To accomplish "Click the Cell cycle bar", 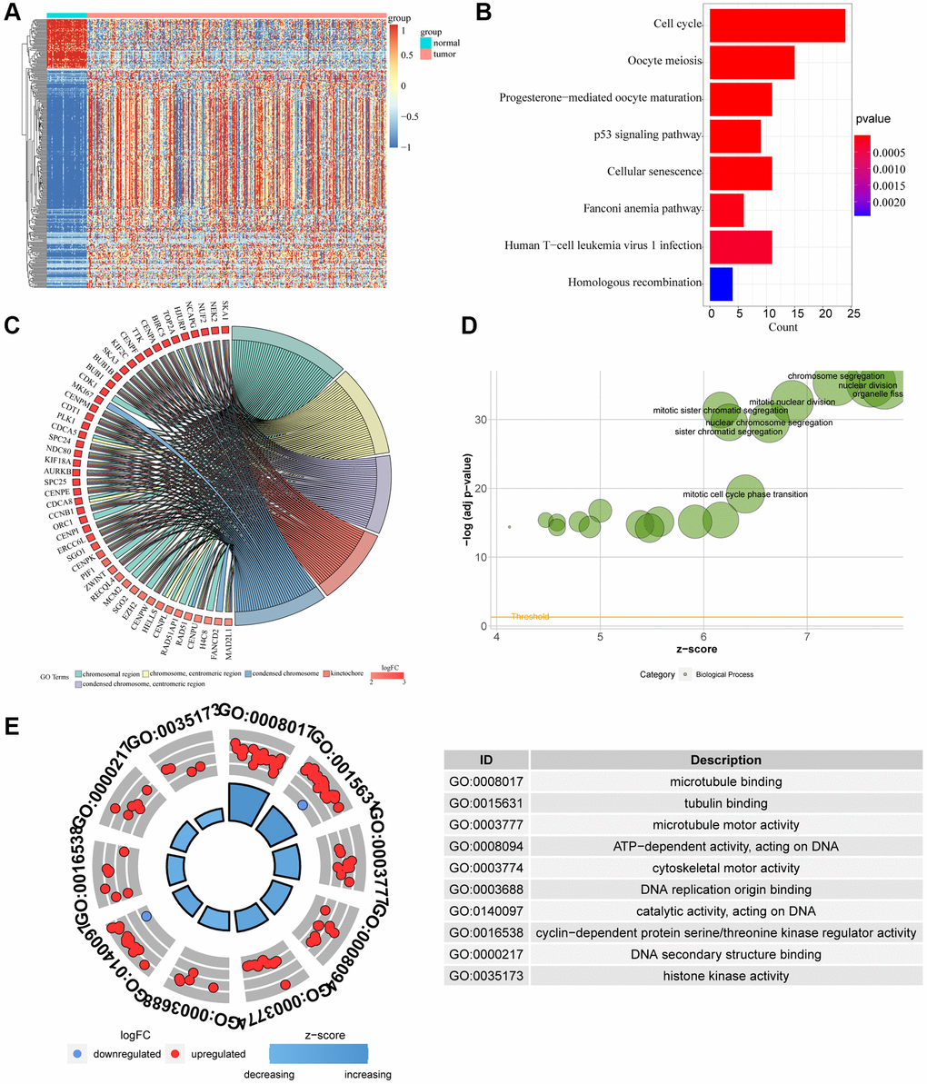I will [x=777, y=25].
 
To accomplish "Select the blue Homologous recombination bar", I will [x=721, y=283].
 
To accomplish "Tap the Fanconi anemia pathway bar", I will [x=726, y=210].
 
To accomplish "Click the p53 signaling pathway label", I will [x=643, y=135].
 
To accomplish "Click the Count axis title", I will [x=782, y=327].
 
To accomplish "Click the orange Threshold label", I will [x=530, y=617].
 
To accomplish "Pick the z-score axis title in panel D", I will [x=698, y=650].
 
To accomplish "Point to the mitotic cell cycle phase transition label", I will [x=744, y=494].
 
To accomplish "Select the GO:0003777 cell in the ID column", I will [x=486, y=825].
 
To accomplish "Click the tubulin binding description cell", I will [x=725, y=803].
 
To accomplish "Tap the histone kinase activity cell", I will [x=725, y=976].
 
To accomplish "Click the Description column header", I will [x=725, y=760].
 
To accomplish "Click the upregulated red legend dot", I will [x=176, y=1054].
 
